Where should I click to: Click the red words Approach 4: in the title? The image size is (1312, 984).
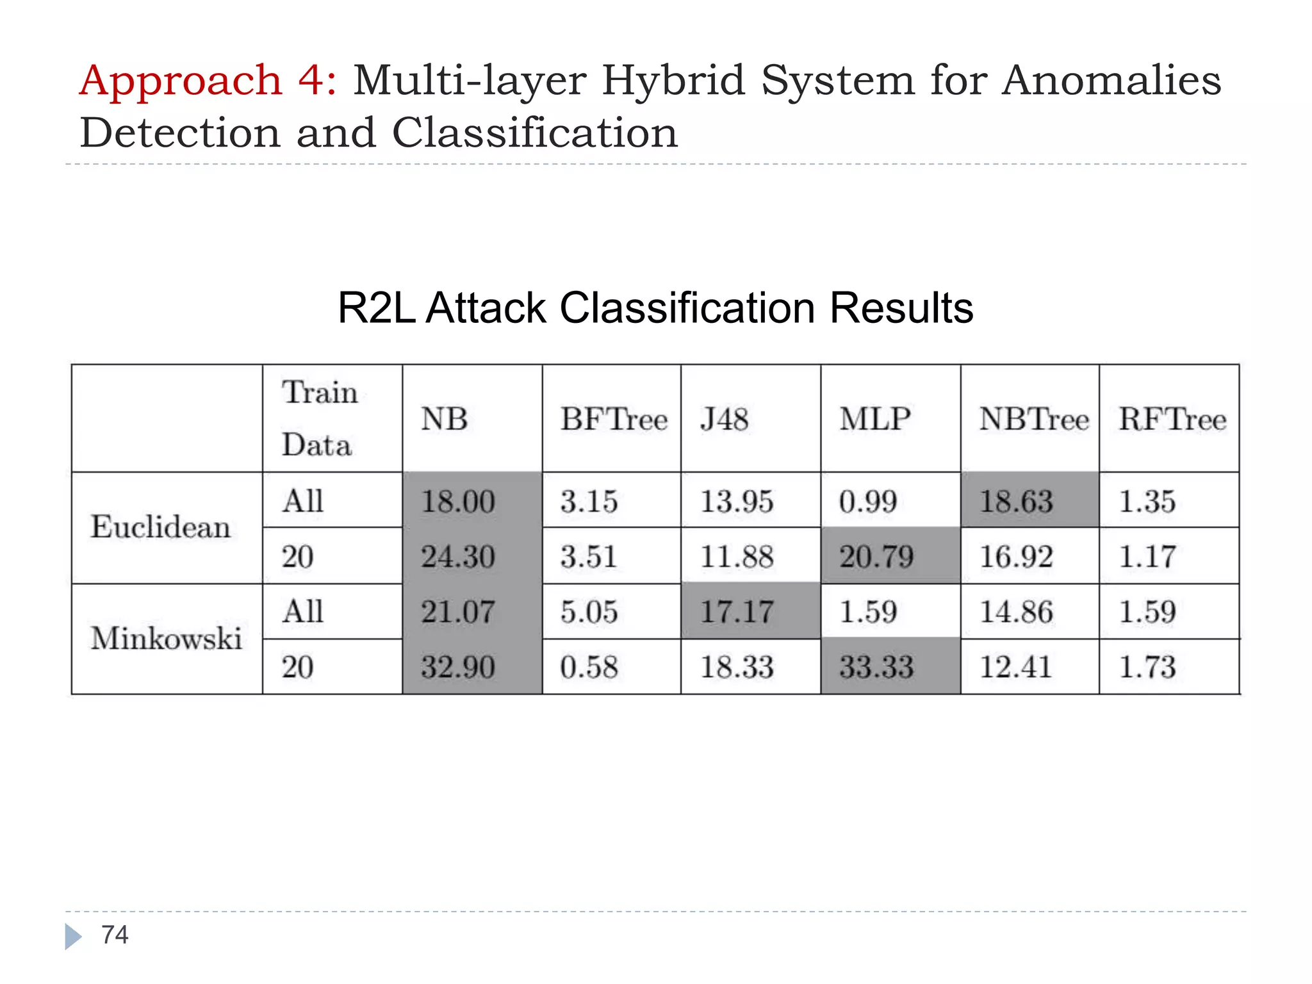(208, 81)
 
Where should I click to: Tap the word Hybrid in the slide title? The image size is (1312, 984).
(673, 81)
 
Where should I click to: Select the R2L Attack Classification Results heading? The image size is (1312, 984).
(655, 308)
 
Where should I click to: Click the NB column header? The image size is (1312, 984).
(444, 420)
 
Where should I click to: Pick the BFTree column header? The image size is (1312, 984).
(613, 420)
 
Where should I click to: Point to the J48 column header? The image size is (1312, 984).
(724, 420)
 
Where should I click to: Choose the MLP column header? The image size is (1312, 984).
(875, 420)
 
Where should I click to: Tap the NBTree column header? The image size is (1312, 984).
(1033, 420)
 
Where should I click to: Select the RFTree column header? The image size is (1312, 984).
(1172, 420)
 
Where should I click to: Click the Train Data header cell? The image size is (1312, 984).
(318, 419)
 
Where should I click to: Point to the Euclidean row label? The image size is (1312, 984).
(160, 527)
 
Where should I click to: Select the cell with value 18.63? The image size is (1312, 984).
(1016, 501)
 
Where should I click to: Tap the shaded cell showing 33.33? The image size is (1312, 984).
(876, 667)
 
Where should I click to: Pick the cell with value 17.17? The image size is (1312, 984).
(737, 612)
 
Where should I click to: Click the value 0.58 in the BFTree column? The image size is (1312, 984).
(589, 667)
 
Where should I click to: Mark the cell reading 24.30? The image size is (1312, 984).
(458, 556)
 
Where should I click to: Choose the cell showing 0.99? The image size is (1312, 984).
(867, 501)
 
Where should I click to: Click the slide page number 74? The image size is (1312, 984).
(115, 935)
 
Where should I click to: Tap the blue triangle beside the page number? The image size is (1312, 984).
(73, 937)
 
